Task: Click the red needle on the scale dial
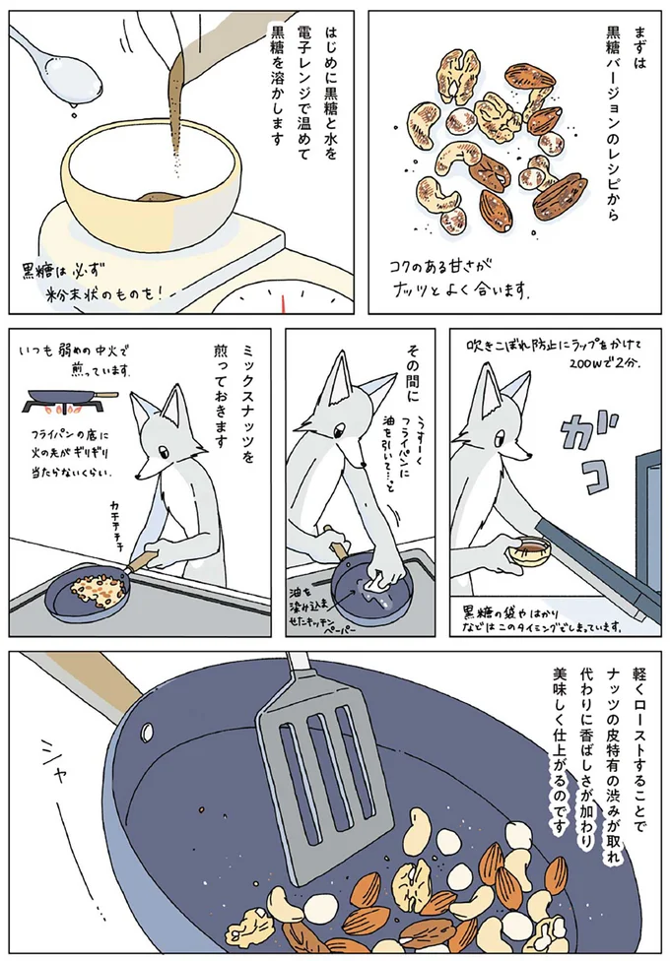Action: [x=286, y=297]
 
